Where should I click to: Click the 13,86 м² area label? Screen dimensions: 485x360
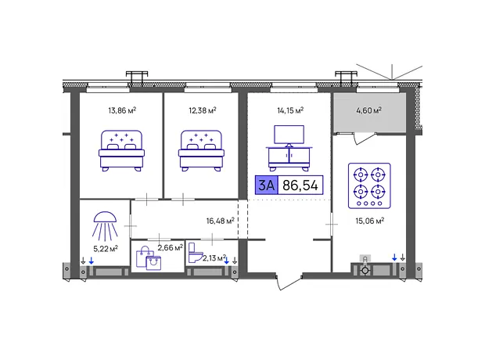(x=122, y=110)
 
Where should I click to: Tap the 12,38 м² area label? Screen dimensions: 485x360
(x=203, y=110)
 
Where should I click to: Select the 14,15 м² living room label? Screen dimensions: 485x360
(x=290, y=110)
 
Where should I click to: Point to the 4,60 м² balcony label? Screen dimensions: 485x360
(x=368, y=110)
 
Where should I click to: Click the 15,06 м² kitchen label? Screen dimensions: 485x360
(x=370, y=221)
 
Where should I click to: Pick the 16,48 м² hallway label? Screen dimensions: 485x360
(x=221, y=221)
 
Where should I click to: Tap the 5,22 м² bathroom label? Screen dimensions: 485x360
(x=106, y=249)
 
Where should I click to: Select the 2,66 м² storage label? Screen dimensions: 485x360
(x=170, y=247)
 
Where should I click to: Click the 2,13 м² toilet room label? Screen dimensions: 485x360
(x=214, y=257)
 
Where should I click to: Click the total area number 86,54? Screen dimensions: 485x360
(x=300, y=185)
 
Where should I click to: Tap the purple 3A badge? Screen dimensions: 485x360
(x=266, y=185)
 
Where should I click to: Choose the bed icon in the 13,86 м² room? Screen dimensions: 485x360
(x=121, y=150)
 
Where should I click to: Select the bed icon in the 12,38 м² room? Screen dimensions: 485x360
(x=201, y=150)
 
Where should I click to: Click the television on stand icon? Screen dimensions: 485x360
(x=289, y=148)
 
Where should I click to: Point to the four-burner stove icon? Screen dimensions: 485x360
(x=369, y=185)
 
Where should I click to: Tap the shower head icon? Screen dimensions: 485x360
(x=105, y=226)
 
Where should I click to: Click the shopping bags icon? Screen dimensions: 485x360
(x=149, y=258)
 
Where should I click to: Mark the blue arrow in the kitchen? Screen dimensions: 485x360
(x=394, y=257)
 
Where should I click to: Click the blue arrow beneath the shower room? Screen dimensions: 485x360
(x=92, y=261)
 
